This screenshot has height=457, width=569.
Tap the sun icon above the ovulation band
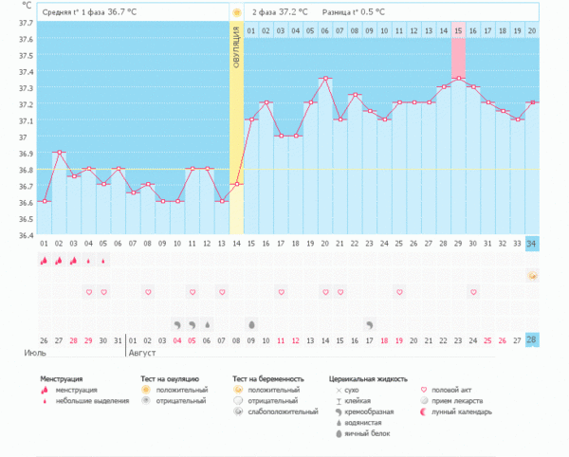tap(236, 12)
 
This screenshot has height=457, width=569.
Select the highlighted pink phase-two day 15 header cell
tap(458, 30)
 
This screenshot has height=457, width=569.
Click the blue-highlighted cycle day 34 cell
tap(531, 244)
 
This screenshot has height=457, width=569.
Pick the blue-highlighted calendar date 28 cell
tap(531, 339)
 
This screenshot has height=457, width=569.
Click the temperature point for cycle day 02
tap(60, 153)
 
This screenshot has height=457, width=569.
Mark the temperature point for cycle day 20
tap(325, 79)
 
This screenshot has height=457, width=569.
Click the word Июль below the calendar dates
tap(35, 353)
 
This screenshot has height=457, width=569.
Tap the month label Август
tap(142, 353)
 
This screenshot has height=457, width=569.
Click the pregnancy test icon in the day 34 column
tap(531, 276)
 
